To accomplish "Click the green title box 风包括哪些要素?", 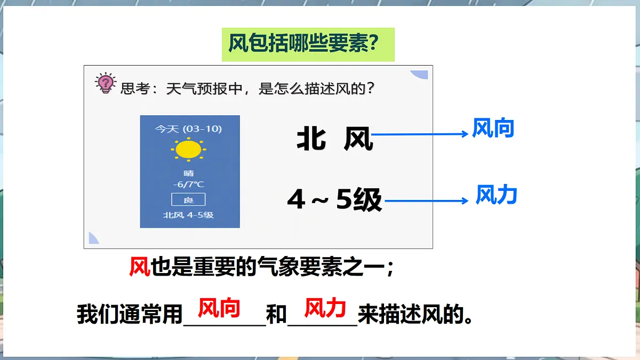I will coord(308,44).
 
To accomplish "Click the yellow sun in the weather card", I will coord(188,149).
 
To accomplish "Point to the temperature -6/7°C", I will coord(188,185).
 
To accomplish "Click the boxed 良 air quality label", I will coord(188,200).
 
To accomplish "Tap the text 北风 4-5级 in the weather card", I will coord(188,215).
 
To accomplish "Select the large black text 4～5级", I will coord(334,201).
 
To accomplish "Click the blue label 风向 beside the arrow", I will coord(493,129).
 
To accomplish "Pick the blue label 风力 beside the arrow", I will coord(496,196).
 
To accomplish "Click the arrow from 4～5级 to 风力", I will coord(426,201).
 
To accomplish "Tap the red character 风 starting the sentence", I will coord(140,266).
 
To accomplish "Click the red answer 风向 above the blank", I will coord(219,308).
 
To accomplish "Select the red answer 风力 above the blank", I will coord(325,308).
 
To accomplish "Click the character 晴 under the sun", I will coord(188,173).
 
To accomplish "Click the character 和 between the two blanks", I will coord(276,315).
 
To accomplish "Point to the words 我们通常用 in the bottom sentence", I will coord(130,315).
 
